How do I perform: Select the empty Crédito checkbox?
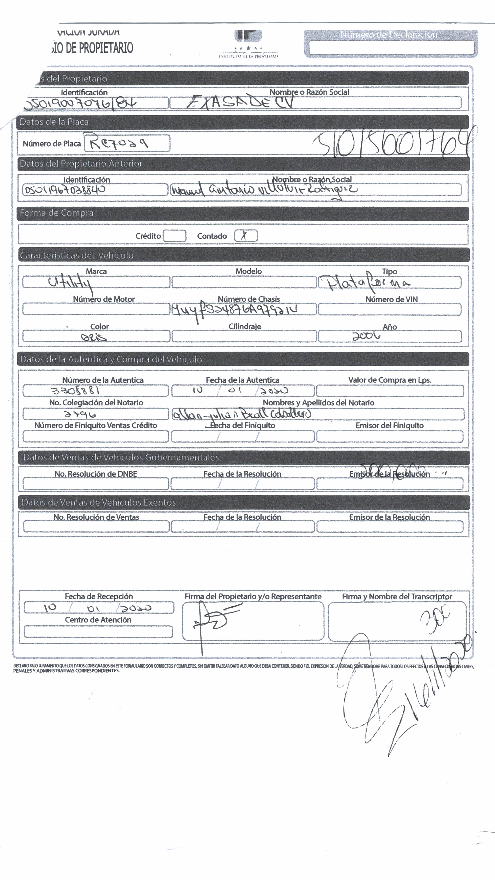(x=174, y=236)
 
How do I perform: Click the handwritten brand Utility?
(x=70, y=283)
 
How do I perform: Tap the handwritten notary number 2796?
(x=80, y=414)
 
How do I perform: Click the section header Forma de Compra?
(x=56, y=213)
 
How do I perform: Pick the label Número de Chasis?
(x=249, y=299)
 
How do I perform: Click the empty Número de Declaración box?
(x=391, y=47)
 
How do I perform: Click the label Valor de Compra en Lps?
(x=389, y=380)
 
